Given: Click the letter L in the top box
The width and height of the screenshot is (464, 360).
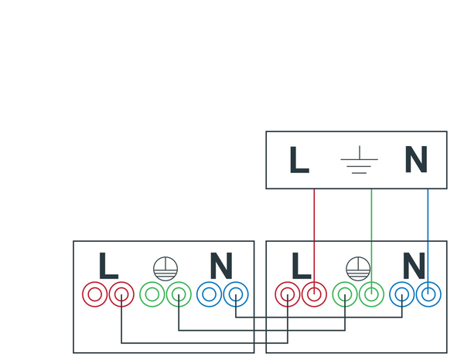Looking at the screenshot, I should pyautogui.click(x=299, y=161).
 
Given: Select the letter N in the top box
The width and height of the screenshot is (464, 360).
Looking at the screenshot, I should pyautogui.click(x=416, y=161).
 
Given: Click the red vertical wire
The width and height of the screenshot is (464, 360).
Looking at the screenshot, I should pyautogui.click(x=314, y=232).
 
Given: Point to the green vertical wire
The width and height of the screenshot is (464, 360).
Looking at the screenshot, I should pyautogui.click(x=372, y=232).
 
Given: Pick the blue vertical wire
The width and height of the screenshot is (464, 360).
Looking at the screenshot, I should pyautogui.click(x=428, y=232).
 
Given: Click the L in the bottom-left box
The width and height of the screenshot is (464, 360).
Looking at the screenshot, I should pyautogui.click(x=108, y=267).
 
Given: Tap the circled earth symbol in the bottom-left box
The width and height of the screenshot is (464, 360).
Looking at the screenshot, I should pyautogui.click(x=165, y=267).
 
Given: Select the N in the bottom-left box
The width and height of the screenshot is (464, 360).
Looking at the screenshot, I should pyautogui.click(x=221, y=267).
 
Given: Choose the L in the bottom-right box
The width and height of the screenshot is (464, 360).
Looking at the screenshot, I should pyautogui.click(x=301, y=267).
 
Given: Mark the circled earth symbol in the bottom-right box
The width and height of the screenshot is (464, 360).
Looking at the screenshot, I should pyautogui.click(x=357, y=267).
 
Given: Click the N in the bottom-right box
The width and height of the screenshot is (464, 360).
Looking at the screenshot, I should pyautogui.click(x=414, y=267).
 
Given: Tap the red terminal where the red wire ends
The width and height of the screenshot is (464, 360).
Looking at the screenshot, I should pyautogui.click(x=314, y=294).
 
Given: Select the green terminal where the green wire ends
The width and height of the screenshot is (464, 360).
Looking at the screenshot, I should pyautogui.click(x=372, y=294).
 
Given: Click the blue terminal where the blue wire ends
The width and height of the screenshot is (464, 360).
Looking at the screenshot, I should pyautogui.click(x=428, y=294).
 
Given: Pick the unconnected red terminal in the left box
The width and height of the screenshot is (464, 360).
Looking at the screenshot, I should pyautogui.click(x=95, y=294).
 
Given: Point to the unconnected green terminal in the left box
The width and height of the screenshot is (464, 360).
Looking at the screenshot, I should pyautogui.click(x=152, y=294).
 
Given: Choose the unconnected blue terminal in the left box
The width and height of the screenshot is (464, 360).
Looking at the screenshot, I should pyautogui.click(x=209, y=294).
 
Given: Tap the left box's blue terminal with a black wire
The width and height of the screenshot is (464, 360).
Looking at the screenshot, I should pyautogui.click(x=235, y=294).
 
